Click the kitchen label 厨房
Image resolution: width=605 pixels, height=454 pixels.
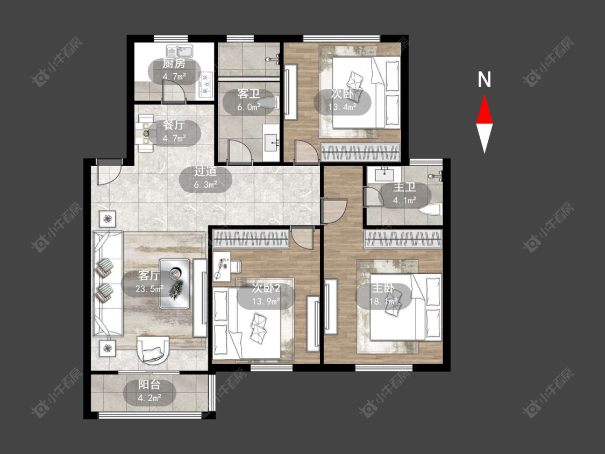click(174, 63)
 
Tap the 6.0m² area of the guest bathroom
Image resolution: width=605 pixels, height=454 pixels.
click(248, 107)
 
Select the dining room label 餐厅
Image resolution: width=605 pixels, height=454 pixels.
click(174, 125)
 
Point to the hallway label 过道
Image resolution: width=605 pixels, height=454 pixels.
click(205, 171)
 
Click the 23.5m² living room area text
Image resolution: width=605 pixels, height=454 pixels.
click(150, 288)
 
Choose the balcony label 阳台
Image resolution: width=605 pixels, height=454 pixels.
click(150, 385)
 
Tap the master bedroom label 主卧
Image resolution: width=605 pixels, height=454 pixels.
click(383, 288)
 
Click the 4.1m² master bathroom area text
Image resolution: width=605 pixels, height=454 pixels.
click(404, 200)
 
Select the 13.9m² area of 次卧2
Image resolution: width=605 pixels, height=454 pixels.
click(266, 301)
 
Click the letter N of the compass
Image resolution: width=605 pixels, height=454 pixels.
click(484, 80)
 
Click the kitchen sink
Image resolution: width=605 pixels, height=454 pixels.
click(180, 52)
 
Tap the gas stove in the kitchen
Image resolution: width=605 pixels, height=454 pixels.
click(205, 84)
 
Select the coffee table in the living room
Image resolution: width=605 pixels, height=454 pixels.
click(174, 283)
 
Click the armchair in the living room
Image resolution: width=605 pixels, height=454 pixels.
click(153, 350)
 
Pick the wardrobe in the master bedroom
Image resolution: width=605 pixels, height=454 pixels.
click(403, 239)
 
